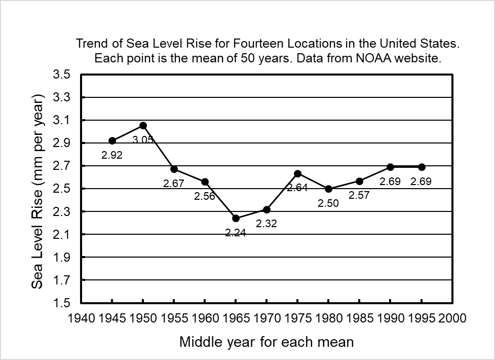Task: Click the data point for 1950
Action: point(143,125)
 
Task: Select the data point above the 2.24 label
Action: point(236,218)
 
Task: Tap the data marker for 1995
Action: point(422,167)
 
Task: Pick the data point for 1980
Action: point(328,189)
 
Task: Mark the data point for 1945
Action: point(112,140)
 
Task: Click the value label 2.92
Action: point(112,156)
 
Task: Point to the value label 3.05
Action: point(143,139)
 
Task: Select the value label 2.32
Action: point(266,223)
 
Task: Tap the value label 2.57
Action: point(359,195)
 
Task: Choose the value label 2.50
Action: point(328,203)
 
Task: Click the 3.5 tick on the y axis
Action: point(64,75)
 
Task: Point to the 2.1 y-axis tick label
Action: point(64,235)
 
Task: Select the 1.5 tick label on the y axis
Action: point(64,303)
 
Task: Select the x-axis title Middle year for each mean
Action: point(266,342)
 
